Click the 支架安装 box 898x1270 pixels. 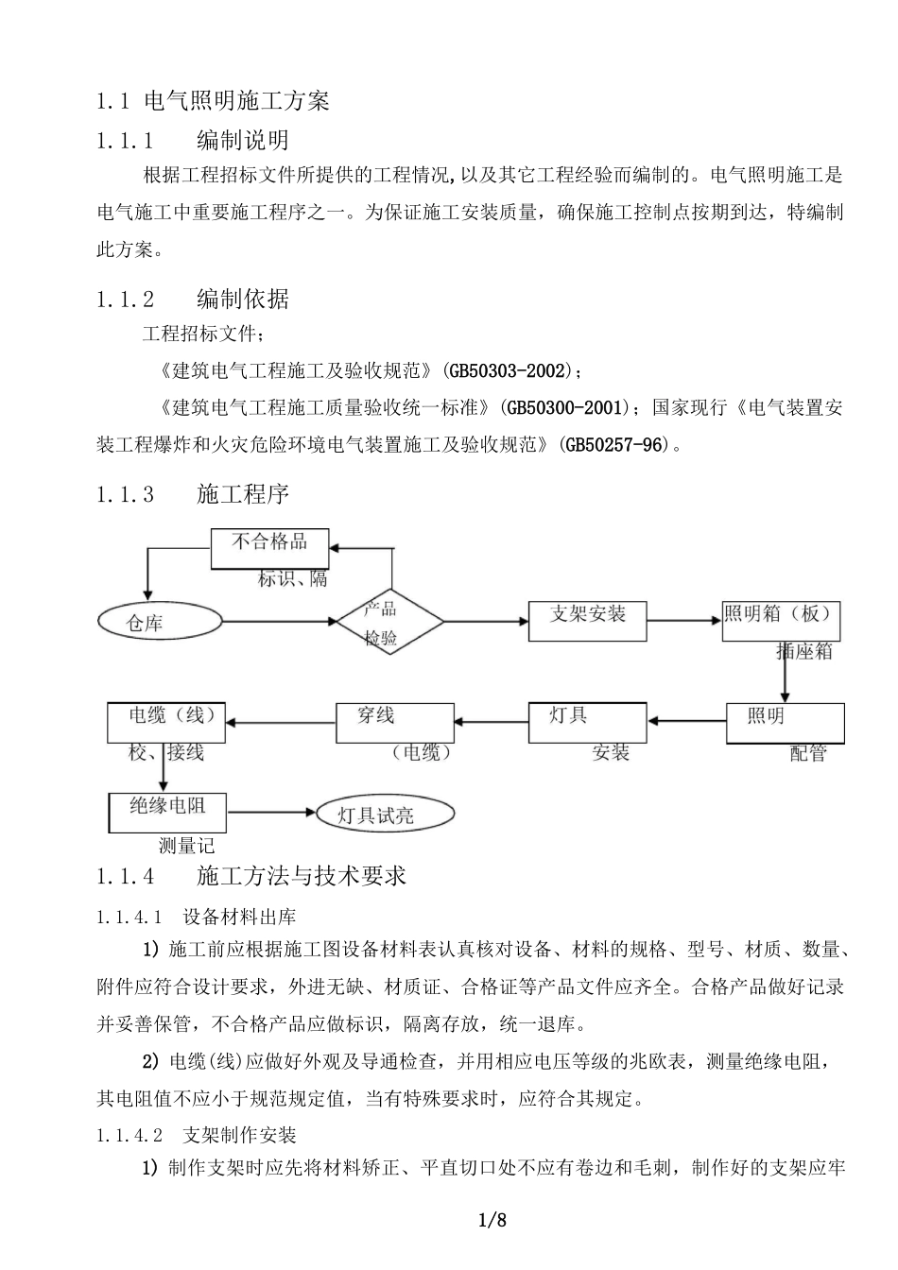(x=588, y=620)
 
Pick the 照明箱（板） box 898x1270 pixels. (x=780, y=620)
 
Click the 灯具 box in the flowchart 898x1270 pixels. (x=588, y=723)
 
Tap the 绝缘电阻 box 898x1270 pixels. (x=166, y=811)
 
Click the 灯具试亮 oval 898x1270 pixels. (x=383, y=814)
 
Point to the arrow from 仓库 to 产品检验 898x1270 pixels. (x=279, y=621)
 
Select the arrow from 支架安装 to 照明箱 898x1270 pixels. (x=684, y=620)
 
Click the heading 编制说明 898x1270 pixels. (x=243, y=142)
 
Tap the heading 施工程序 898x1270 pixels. (x=243, y=493)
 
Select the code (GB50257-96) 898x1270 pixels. (x=618, y=443)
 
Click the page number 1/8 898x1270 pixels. (x=493, y=1220)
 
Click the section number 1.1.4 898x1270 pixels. (x=125, y=876)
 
